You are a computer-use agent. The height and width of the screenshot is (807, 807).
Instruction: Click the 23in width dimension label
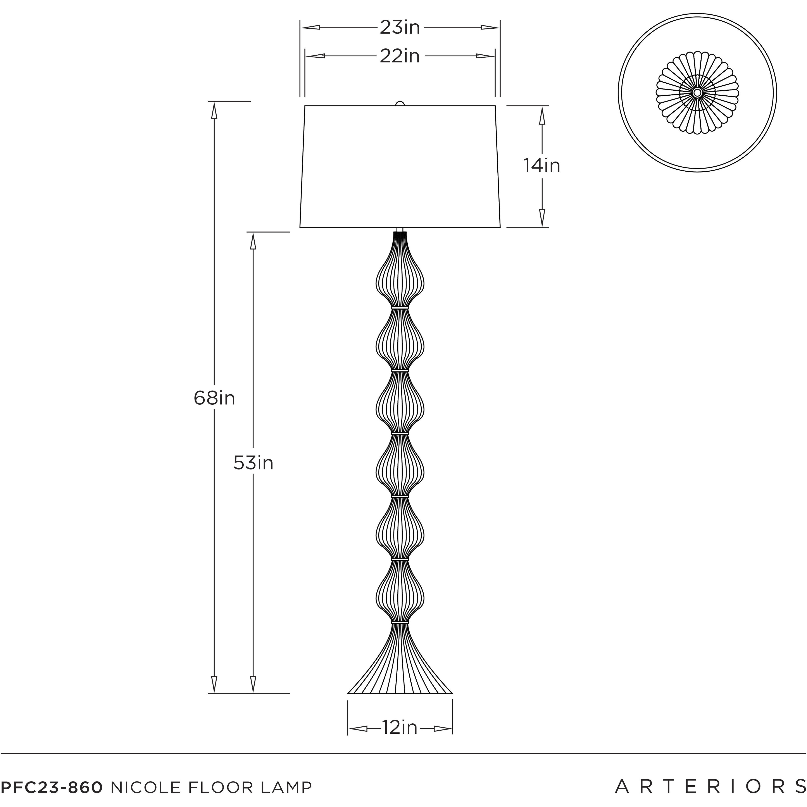tap(400, 28)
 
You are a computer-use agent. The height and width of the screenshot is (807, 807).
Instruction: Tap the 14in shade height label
tap(542, 166)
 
